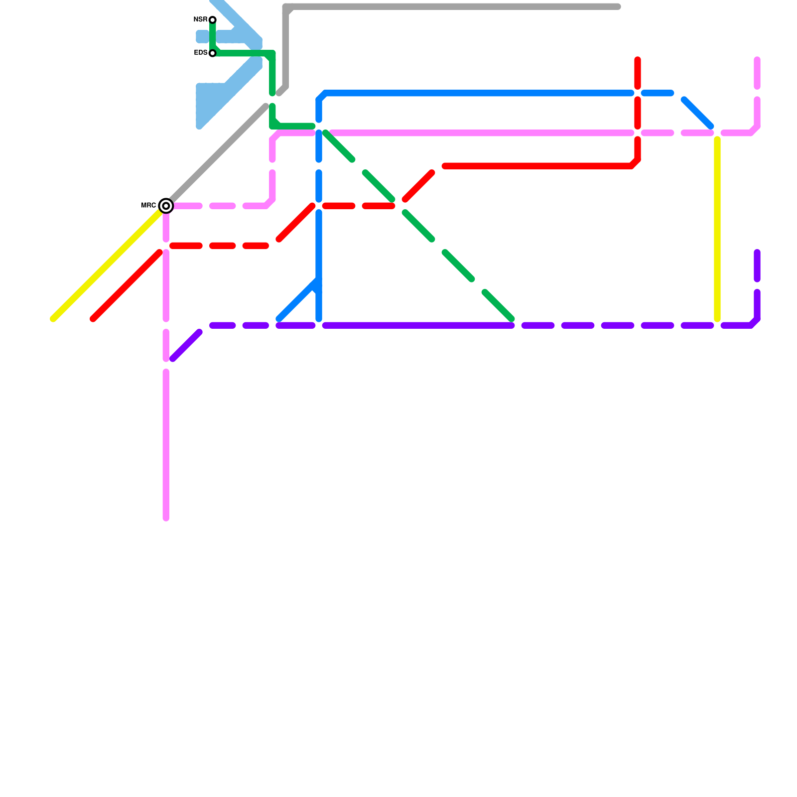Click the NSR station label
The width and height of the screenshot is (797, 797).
point(200,20)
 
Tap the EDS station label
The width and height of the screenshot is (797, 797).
point(201,53)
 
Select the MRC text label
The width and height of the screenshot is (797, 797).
point(148,205)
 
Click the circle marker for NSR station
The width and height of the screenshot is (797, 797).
point(213,20)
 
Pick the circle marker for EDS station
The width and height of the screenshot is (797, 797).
point(213,53)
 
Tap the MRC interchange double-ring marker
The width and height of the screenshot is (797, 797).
point(166,205)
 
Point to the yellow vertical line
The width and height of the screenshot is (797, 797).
point(717,229)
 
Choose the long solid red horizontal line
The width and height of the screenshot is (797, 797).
point(538,166)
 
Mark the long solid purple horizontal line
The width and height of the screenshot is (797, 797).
point(418,326)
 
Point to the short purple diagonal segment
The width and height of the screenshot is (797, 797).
point(186,345)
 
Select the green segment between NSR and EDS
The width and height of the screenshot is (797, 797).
point(213,36)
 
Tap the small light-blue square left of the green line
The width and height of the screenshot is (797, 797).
point(202,36)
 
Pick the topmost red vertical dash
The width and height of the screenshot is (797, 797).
point(638,74)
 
